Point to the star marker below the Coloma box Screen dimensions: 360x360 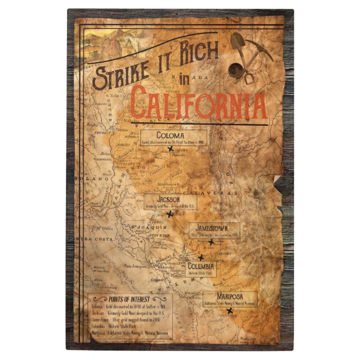click(169, 149)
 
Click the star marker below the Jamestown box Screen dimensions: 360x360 click(211, 242)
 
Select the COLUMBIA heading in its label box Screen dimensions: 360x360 click(201, 267)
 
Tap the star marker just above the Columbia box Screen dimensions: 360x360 click(200, 257)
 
